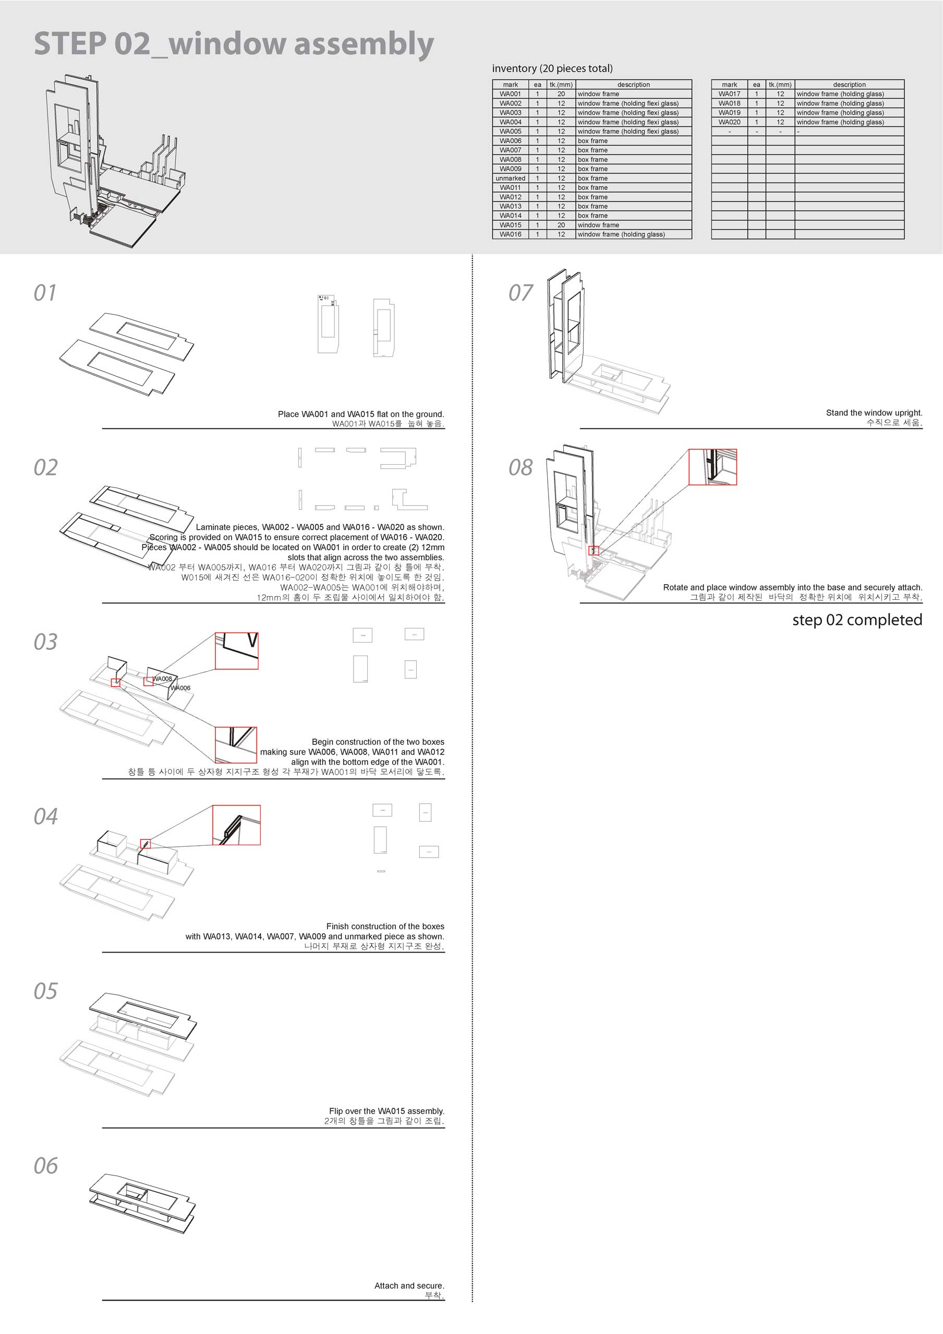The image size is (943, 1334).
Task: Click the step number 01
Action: click(45, 293)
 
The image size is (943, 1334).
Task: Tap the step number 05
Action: click(46, 991)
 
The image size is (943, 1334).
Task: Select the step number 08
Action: click(521, 468)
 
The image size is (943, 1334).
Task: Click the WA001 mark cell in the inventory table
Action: click(511, 94)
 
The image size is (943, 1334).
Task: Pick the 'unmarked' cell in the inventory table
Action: click(511, 178)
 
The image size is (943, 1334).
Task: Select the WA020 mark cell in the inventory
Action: click(729, 122)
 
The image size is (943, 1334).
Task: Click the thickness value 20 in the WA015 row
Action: click(561, 225)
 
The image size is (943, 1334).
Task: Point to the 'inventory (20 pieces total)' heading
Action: click(552, 69)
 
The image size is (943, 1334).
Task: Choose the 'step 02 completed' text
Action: click(857, 620)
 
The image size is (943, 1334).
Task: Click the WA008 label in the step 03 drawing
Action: click(163, 678)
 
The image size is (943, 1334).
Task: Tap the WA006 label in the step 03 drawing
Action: click(181, 688)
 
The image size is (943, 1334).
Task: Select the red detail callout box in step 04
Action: click(236, 825)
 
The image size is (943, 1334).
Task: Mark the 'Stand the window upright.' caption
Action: click(874, 413)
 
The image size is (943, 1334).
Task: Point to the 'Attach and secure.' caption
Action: click(409, 1286)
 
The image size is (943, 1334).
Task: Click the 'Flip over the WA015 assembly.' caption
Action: click(386, 1111)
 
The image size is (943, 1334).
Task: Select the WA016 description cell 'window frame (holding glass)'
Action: click(621, 234)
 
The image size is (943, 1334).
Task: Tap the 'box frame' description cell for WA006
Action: click(593, 141)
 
